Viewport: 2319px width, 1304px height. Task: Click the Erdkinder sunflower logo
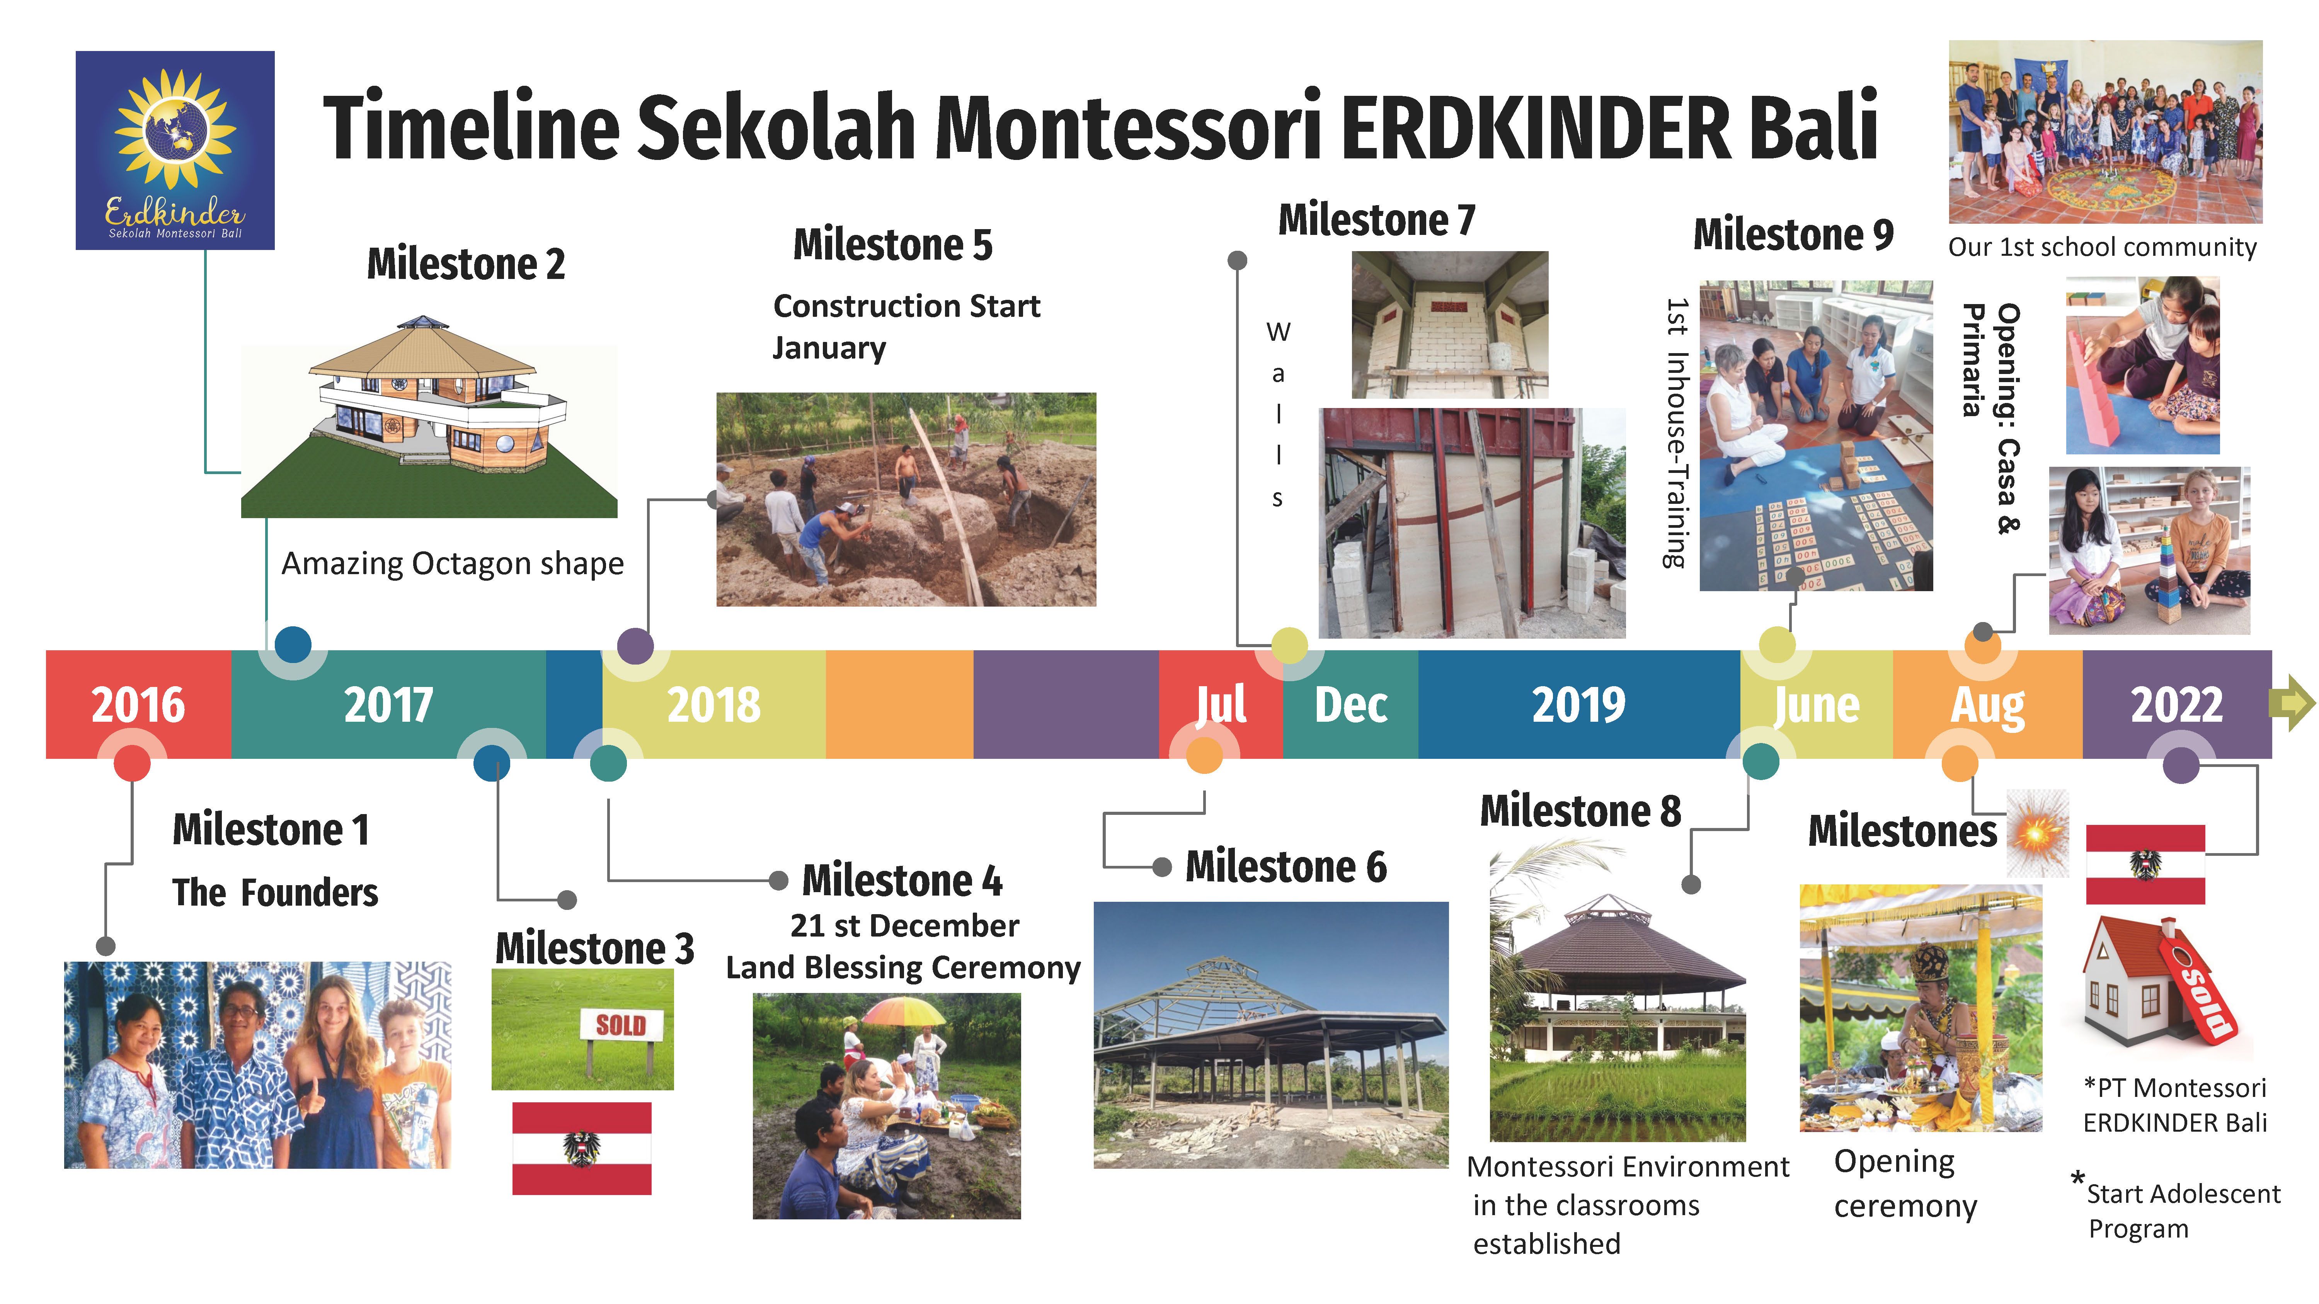[x=175, y=150]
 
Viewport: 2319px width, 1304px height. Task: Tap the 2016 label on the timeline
[x=138, y=705]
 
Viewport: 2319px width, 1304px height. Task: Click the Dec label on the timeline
[x=1350, y=705]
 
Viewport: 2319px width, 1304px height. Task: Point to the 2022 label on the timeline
[x=2176, y=705]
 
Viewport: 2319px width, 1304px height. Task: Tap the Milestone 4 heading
[x=902, y=880]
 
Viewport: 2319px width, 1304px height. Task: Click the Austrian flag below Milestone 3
[x=582, y=1148]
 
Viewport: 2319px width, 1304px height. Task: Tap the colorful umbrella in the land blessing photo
[x=904, y=1012]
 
